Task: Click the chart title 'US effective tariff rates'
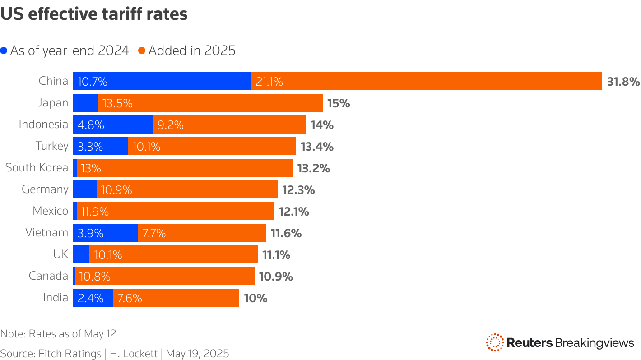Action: tap(94, 14)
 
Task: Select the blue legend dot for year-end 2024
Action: tap(4, 51)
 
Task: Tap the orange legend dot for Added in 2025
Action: tap(142, 51)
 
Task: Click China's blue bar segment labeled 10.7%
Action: tap(162, 81)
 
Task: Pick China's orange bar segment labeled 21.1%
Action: tap(426, 81)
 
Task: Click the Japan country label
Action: tap(53, 103)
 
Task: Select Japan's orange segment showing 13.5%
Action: tap(210, 103)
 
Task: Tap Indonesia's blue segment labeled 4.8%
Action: tap(112, 125)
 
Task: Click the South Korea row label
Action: tap(37, 168)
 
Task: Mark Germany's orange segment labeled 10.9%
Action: tap(187, 189)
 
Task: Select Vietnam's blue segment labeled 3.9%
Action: tap(105, 233)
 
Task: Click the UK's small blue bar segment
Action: tap(81, 254)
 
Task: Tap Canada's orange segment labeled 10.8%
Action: tap(164, 276)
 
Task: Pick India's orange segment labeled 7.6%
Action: tap(176, 298)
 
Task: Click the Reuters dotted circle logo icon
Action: tap(494, 342)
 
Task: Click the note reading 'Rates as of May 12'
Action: tap(72, 334)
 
